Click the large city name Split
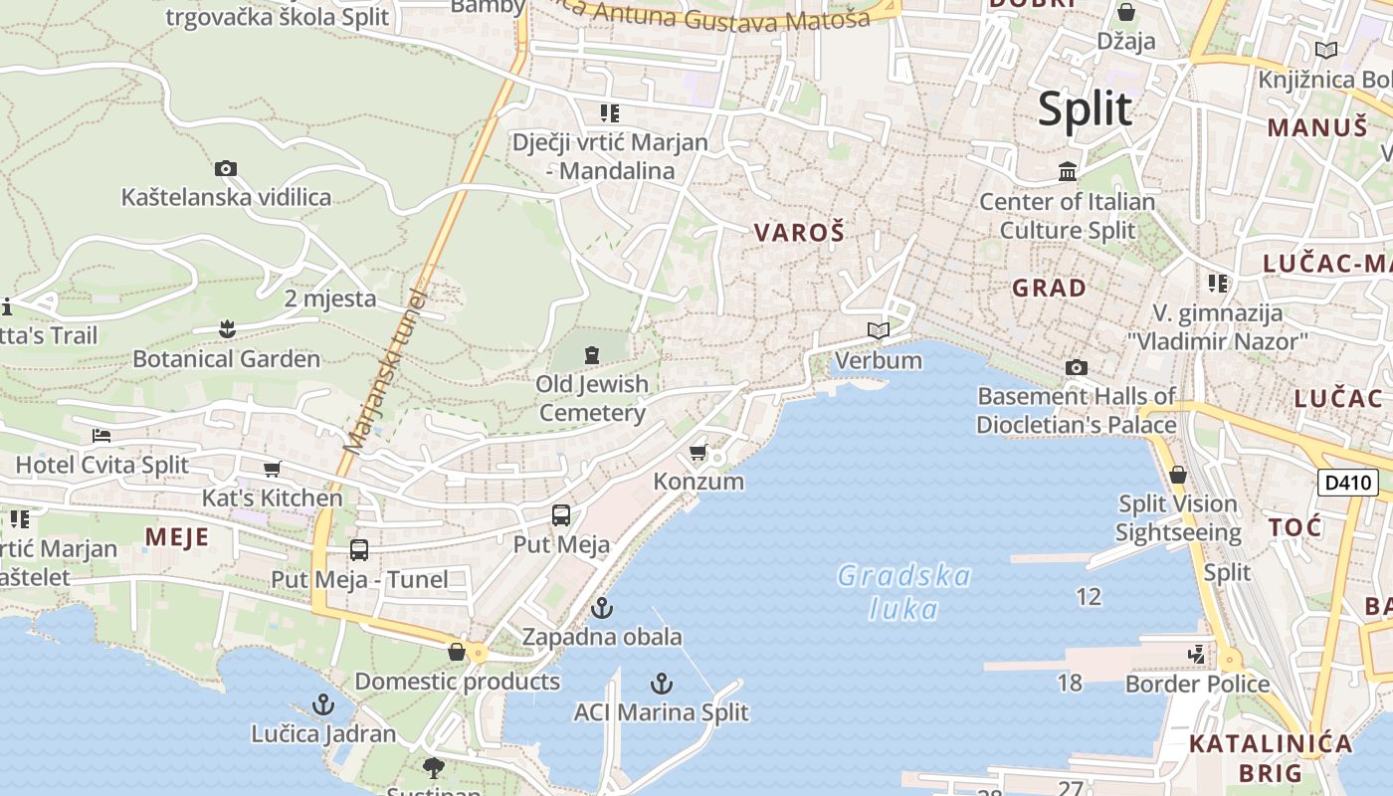pos(1085,108)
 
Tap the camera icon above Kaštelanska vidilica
pos(226,169)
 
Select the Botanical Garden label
pos(227,359)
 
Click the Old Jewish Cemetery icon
pos(592,355)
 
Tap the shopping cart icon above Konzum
pos(698,453)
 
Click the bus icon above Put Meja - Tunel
pos(359,550)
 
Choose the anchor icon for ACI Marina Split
pos(661,684)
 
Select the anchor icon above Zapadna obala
pos(602,608)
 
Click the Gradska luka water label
pos(903,592)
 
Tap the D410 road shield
pos(1348,484)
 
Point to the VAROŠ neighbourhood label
pos(799,233)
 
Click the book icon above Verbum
pos(878,330)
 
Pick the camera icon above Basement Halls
pos(1076,368)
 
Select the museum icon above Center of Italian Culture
pos(1068,172)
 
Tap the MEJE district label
pos(177,537)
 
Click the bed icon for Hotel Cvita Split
pos(101,436)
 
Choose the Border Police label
pos(1197,685)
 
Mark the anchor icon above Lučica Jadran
pos(322,705)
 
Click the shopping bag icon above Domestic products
pos(457,652)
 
